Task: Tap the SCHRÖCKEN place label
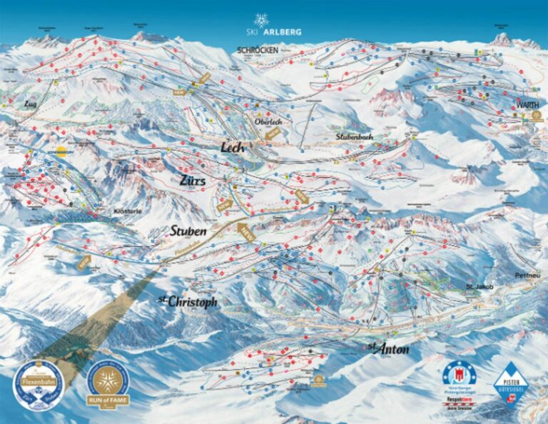click(x=258, y=49)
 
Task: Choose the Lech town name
click(x=233, y=147)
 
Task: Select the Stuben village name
click(x=188, y=231)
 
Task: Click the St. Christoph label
click(x=187, y=302)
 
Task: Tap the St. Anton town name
click(x=388, y=349)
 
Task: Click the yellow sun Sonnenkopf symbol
click(x=61, y=152)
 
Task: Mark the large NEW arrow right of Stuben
click(x=245, y=231)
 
